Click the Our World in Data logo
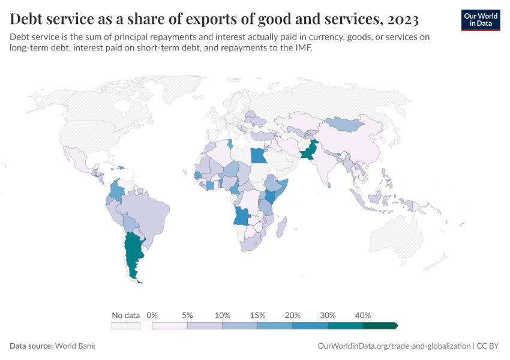[x=481, y=20]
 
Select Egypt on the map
[x=259, y=155]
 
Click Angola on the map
[x=243, y=215]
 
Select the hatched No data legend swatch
[x=126, y=326]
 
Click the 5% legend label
[x=187, y=316]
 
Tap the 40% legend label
[x=363, y=316]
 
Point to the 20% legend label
[x=293, y=316]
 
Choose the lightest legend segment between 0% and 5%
[x=170, y=326]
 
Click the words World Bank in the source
[x=75, y=346]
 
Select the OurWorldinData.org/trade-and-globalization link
[x=393, y=346]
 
